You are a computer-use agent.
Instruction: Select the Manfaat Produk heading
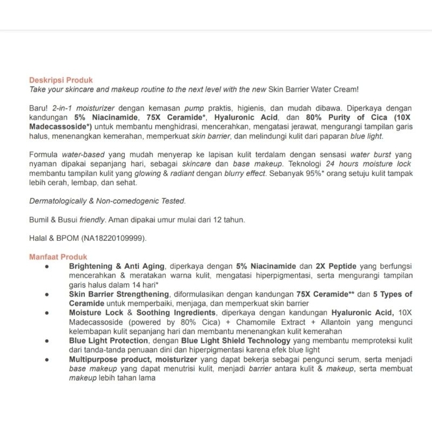pyautogui.click(x=58, y=257)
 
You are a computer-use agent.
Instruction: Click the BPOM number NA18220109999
pyautogui.click(x=115, y=238)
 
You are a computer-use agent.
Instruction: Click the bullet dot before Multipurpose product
pyautogui.click(x=48, y=360)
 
